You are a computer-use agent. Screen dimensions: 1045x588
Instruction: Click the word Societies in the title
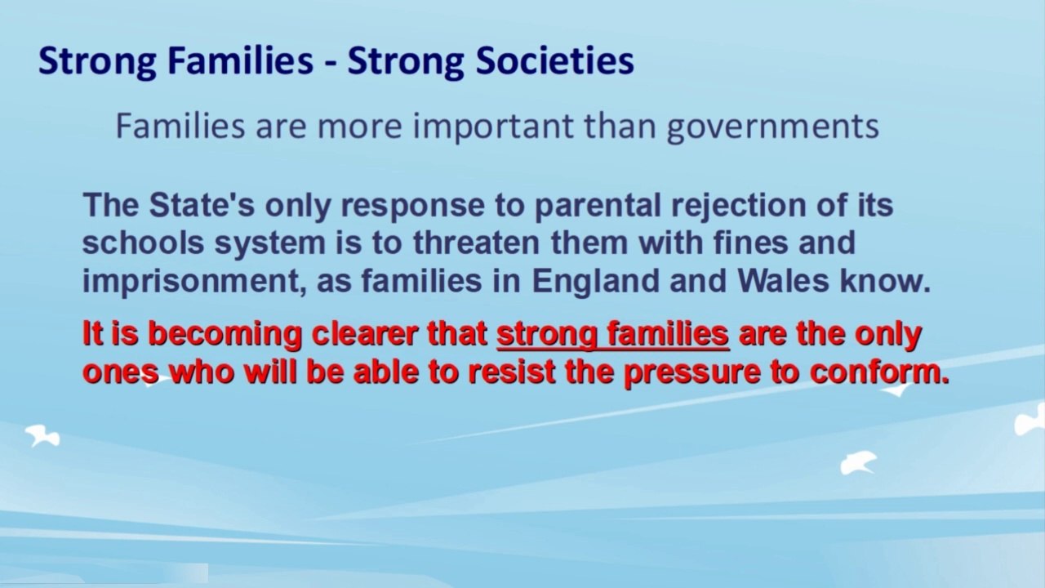point(554,61)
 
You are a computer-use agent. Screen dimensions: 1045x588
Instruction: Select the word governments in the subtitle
point(772,127)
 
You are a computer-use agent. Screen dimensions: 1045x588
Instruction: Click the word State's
point(202,205)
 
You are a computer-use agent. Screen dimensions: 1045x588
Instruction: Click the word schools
point(143,243)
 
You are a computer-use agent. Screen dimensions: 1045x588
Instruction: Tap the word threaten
point(476,243)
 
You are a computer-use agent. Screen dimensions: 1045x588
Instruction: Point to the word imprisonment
point(194,283)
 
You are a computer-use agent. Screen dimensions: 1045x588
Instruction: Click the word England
point(595,283)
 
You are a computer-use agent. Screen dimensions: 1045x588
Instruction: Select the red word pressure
point(691,374)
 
